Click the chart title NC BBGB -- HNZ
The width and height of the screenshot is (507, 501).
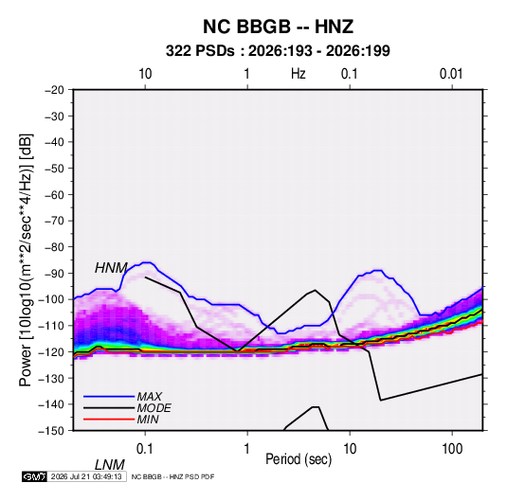coord(278,27)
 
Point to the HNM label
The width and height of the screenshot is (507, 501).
coord(111,268)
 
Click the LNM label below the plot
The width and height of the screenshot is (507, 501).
coord(109,465)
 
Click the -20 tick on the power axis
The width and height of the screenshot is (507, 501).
coord(54,90)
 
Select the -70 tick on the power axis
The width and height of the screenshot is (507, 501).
coord(54,221)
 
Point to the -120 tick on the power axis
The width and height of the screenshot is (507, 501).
coord(52,352)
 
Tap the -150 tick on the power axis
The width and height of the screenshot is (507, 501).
coord(52,431)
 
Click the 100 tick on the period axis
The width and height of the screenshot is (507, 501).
coord(452,449)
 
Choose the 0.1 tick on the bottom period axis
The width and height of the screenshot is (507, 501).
coord(145,449)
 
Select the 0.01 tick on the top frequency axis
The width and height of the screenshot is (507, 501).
coord(451,74)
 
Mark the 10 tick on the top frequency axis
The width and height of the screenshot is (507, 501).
coord(145,74)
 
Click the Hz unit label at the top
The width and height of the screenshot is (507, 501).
coord(299,74)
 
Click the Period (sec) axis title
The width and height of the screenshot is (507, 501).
coord(299,459)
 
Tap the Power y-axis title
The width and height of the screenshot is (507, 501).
coord(26,259)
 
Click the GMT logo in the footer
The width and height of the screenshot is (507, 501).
coord(34,476)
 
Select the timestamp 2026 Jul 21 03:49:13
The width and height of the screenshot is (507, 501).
coord(86,476)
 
